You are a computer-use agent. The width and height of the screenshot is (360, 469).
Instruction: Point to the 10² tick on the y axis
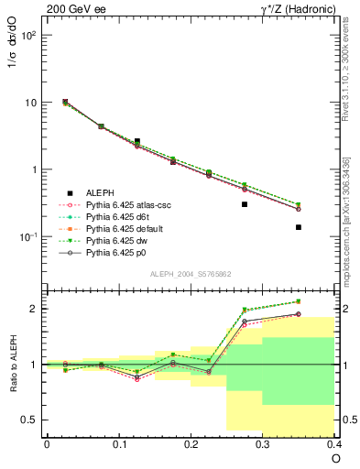[27, 36]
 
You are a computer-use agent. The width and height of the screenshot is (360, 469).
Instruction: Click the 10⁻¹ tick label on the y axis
[27, 237]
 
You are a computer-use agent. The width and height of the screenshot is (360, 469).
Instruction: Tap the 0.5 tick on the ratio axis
[30, 420]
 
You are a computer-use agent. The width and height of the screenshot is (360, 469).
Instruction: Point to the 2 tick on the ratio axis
[33, 309]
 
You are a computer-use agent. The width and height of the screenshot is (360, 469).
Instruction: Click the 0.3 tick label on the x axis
[263, 444]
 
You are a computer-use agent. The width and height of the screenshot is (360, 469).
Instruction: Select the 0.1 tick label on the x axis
[118, 444]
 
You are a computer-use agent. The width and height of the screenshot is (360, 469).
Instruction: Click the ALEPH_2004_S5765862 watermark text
[190, 274]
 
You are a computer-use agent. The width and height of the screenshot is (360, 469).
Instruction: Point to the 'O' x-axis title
[336, 458]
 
